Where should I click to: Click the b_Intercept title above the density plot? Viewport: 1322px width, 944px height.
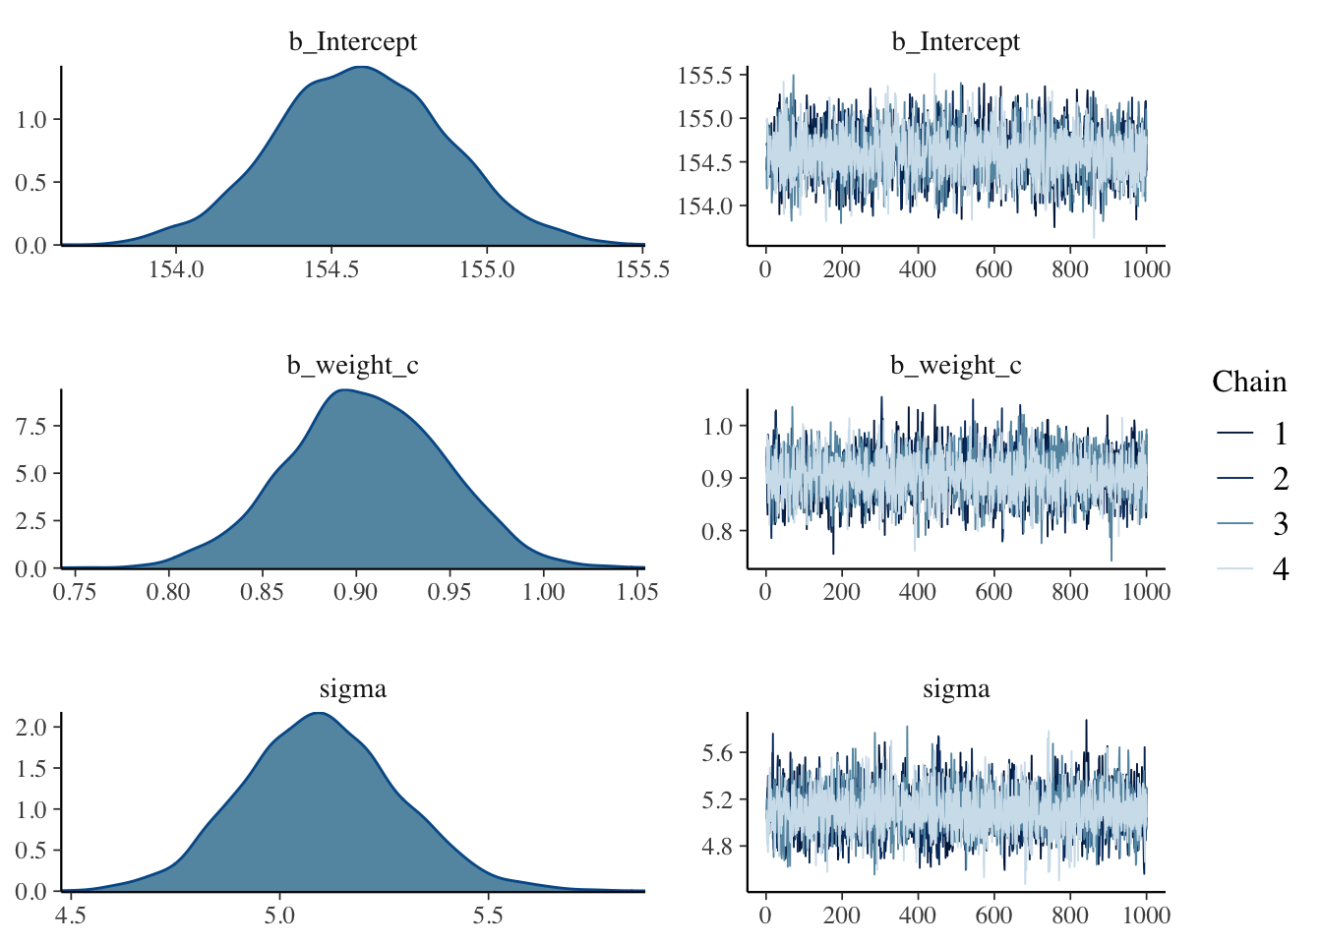[x=352, y=42]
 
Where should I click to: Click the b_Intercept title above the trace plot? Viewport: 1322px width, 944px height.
[x=955, y=42]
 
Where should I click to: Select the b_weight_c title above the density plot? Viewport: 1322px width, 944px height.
[x=352, y=366]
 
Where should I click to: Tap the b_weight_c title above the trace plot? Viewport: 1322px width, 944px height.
[x=955, y=366]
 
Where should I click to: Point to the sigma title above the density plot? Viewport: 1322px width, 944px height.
[x=352, y=689]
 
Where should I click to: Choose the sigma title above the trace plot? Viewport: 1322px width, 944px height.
[x=955, y=689]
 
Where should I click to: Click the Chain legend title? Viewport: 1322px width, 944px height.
[x=1248, y=382]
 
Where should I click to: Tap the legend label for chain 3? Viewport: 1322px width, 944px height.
[x=1280, y=524]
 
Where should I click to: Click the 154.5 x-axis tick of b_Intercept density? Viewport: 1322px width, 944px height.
[x=331, y=269]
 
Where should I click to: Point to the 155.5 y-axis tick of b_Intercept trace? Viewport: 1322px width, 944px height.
[x=704, y=76]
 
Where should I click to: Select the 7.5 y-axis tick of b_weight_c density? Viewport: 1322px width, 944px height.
[x=31, y=426]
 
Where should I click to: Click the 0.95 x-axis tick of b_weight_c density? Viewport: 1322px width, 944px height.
[x=450, y=592]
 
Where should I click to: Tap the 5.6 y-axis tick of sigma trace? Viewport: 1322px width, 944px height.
[x=718, y=753]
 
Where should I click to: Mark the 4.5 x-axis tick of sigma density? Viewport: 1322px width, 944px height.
[x=70, y=915]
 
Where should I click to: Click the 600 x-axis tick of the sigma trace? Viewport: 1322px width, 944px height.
[x=993, y=915]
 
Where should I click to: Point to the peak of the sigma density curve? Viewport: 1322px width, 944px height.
[x=318, y=713]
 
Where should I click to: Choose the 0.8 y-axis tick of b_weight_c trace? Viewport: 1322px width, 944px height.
[x=718, y=532]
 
